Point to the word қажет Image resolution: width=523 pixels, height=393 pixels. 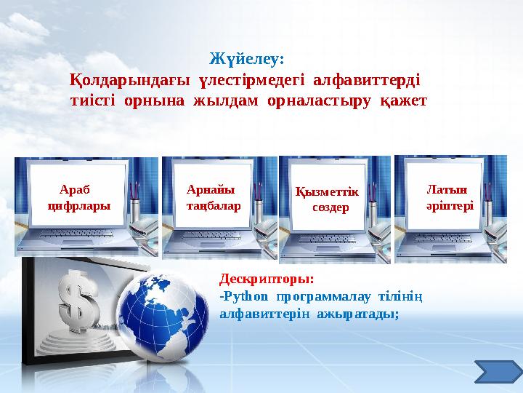click(x=403, y=99)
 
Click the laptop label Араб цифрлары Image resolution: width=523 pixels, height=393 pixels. click(x=79, y=196)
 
